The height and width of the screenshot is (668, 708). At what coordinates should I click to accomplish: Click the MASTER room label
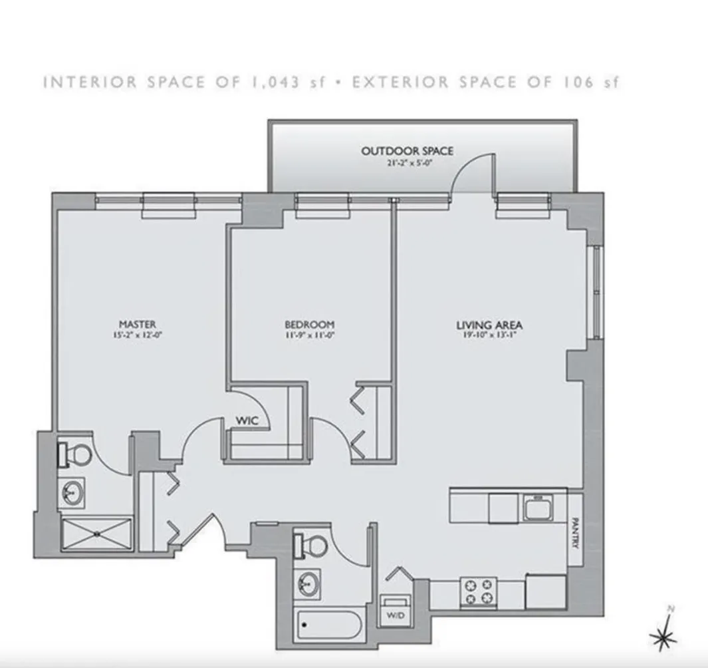point(138,324)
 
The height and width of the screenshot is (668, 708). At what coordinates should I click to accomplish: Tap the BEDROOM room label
point(309,324)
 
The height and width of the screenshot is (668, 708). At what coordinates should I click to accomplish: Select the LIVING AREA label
point(489,325)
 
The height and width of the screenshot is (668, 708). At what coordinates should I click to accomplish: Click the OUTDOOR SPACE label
point(408,151)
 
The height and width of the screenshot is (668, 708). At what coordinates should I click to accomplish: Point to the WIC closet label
point(247,420)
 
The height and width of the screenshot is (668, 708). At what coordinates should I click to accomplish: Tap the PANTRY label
point(575,533)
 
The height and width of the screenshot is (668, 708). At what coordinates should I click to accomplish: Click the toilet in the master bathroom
point(75,454)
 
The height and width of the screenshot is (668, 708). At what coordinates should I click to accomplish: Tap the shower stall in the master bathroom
point(96,534)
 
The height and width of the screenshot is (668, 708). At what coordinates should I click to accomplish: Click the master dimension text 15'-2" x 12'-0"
point(138,336)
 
